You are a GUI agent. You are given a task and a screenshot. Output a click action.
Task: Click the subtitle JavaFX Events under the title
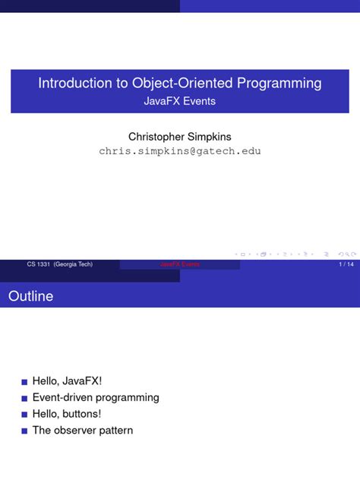tap(179, 101)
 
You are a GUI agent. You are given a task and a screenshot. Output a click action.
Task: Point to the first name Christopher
tap(156, 137)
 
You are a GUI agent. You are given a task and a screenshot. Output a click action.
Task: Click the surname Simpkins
tap(209, 137)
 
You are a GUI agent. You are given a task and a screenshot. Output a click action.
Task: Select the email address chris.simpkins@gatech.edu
tap(180, 151)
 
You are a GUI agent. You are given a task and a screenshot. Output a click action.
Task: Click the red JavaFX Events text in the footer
tap(180, 264)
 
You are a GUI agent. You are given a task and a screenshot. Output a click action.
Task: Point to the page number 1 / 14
tap(346, 264)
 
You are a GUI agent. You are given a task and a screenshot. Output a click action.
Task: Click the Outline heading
tap(30, 296)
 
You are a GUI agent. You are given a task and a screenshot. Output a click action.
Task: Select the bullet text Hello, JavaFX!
tap(67, 381)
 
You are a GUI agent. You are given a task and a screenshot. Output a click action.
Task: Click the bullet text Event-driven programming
tap(96, 397)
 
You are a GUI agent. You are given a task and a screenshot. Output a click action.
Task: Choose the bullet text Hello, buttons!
tap(67, 414)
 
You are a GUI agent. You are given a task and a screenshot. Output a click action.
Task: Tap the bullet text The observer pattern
tap(83, 431)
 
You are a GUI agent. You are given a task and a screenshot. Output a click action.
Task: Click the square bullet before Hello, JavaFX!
tap(24, 381)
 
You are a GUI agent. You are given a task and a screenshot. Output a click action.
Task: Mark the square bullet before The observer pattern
tap(24, 431)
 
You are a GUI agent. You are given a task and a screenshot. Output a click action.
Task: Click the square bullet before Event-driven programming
tap(24, 398)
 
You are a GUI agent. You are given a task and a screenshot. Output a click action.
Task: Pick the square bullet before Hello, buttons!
tap(24, 415)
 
